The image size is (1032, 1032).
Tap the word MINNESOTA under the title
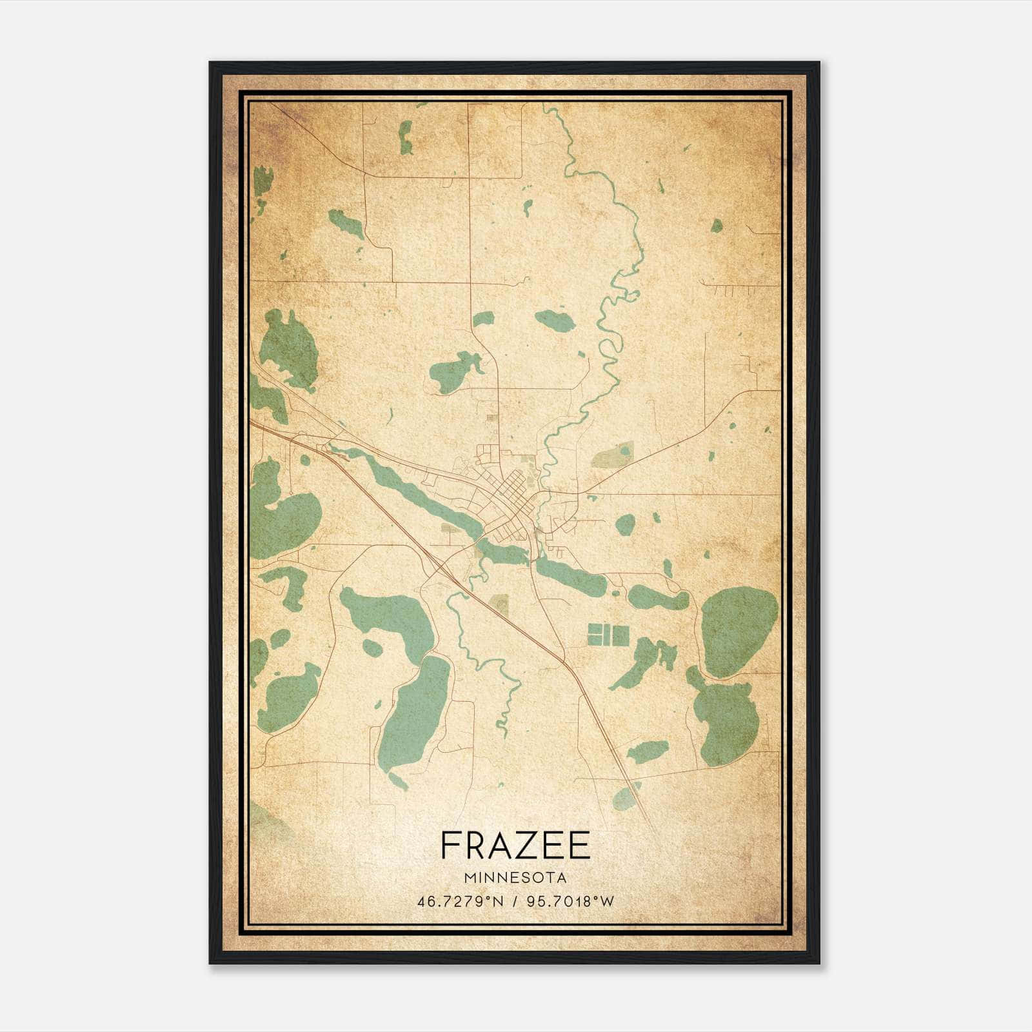tap(515, 878)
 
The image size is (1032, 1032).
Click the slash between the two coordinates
tap(514, 901)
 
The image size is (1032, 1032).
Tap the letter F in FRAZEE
tap(450, 846)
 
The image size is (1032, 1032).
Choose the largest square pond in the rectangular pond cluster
tap(620, 635)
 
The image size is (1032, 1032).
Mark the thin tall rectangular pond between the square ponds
tap(606, 635)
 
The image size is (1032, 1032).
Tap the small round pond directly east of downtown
tap(625, 524)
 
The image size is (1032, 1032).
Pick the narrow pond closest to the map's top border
tap(405, 137)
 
